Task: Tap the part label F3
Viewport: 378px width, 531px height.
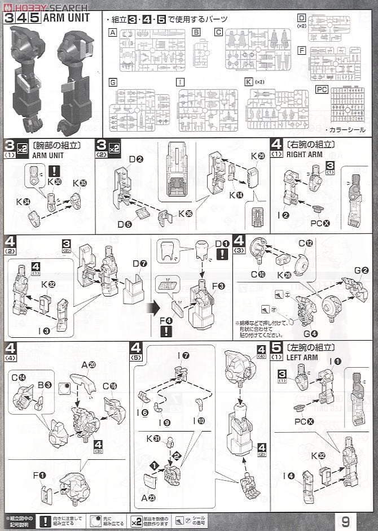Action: coord(218,286)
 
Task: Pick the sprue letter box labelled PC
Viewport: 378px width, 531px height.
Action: coord(322,89)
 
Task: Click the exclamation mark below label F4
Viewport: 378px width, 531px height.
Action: coord(165,332)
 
